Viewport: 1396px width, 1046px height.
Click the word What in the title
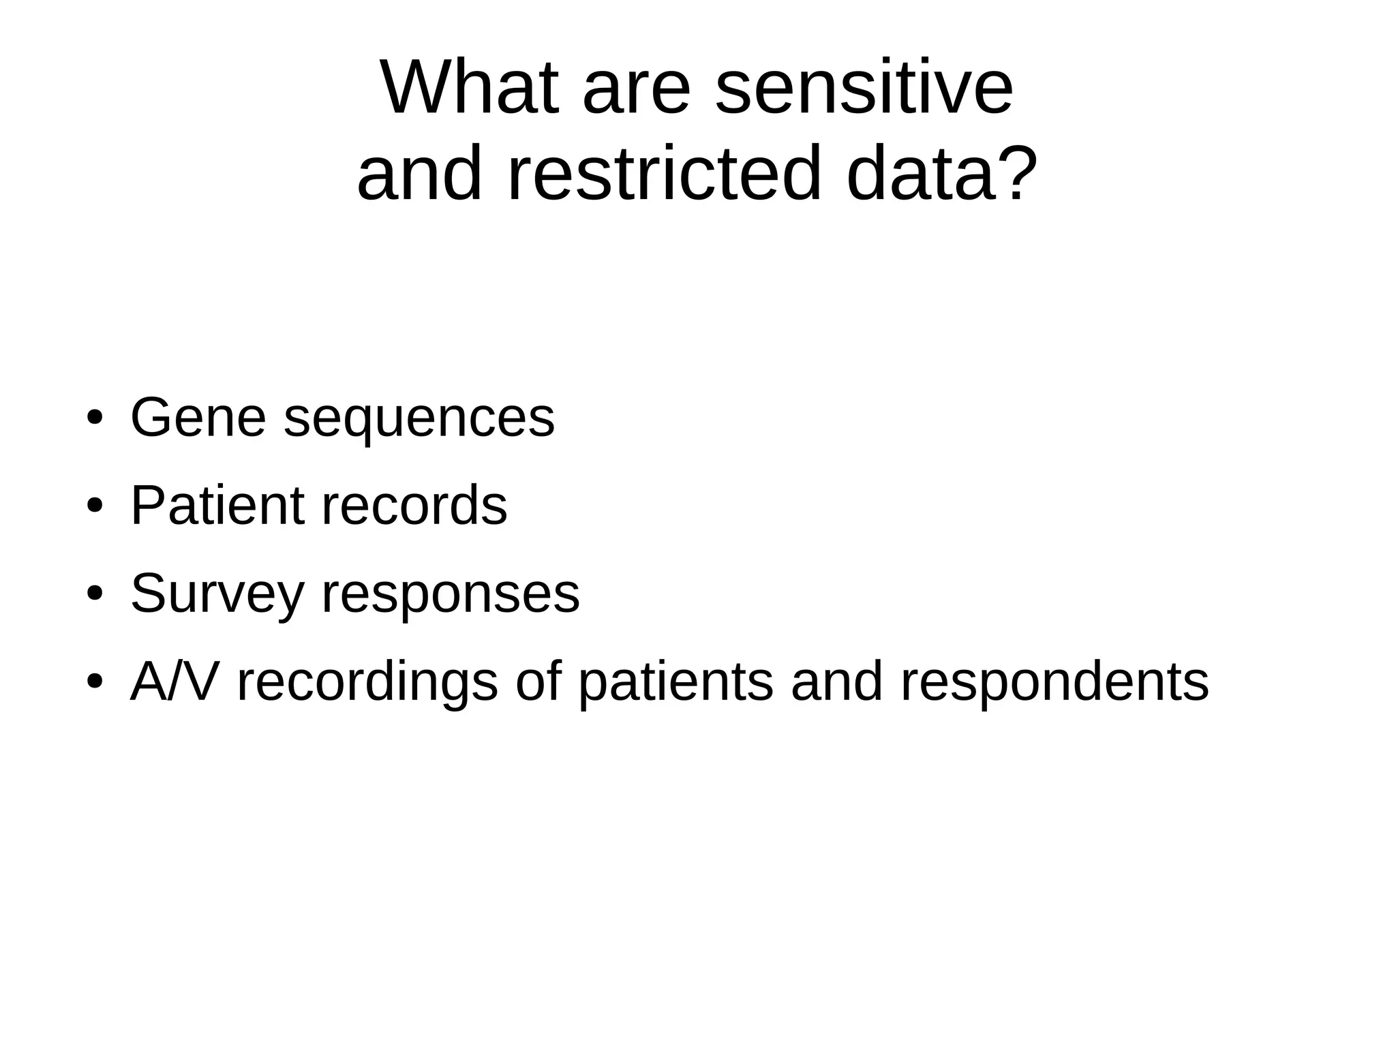click(470, 89)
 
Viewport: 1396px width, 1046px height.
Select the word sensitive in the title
click(864, 89)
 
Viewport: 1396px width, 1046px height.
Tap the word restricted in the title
click(665, 174)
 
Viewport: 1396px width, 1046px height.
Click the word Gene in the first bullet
click(198, 418)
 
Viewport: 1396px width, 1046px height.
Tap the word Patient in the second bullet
click(217, 506)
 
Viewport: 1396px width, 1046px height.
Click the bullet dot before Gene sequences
click(95, 417)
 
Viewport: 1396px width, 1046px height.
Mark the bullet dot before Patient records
click(95, 506)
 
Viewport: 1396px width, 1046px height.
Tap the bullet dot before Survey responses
click(95, 594)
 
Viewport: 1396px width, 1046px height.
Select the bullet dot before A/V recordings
click(95, 681)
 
